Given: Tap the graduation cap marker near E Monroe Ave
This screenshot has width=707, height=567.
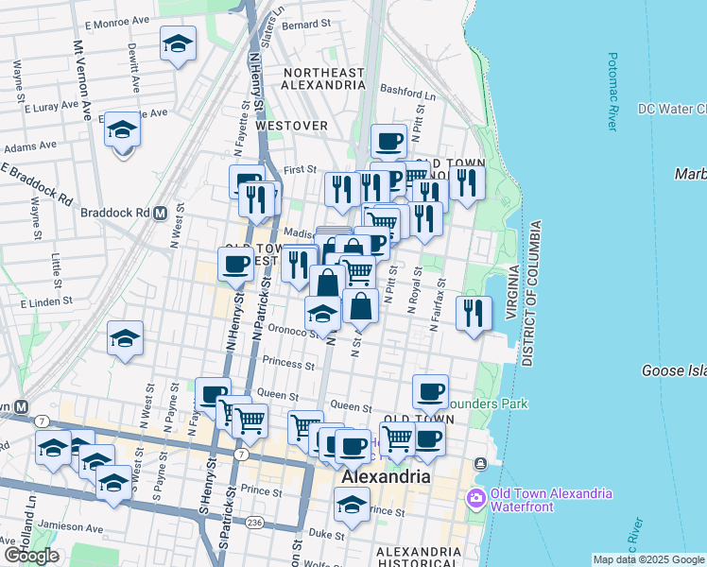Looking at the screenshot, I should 178,44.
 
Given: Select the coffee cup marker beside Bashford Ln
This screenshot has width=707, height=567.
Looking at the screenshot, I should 388,142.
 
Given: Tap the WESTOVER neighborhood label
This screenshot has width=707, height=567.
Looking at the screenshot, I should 291,126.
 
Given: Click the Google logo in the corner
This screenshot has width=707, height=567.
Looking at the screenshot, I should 31,555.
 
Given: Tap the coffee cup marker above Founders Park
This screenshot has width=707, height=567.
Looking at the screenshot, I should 430,390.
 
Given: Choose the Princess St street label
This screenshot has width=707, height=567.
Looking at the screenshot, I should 289,362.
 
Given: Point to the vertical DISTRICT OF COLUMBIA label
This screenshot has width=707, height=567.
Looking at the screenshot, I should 532,294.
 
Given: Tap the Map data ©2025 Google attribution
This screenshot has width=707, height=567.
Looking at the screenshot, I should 648,559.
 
